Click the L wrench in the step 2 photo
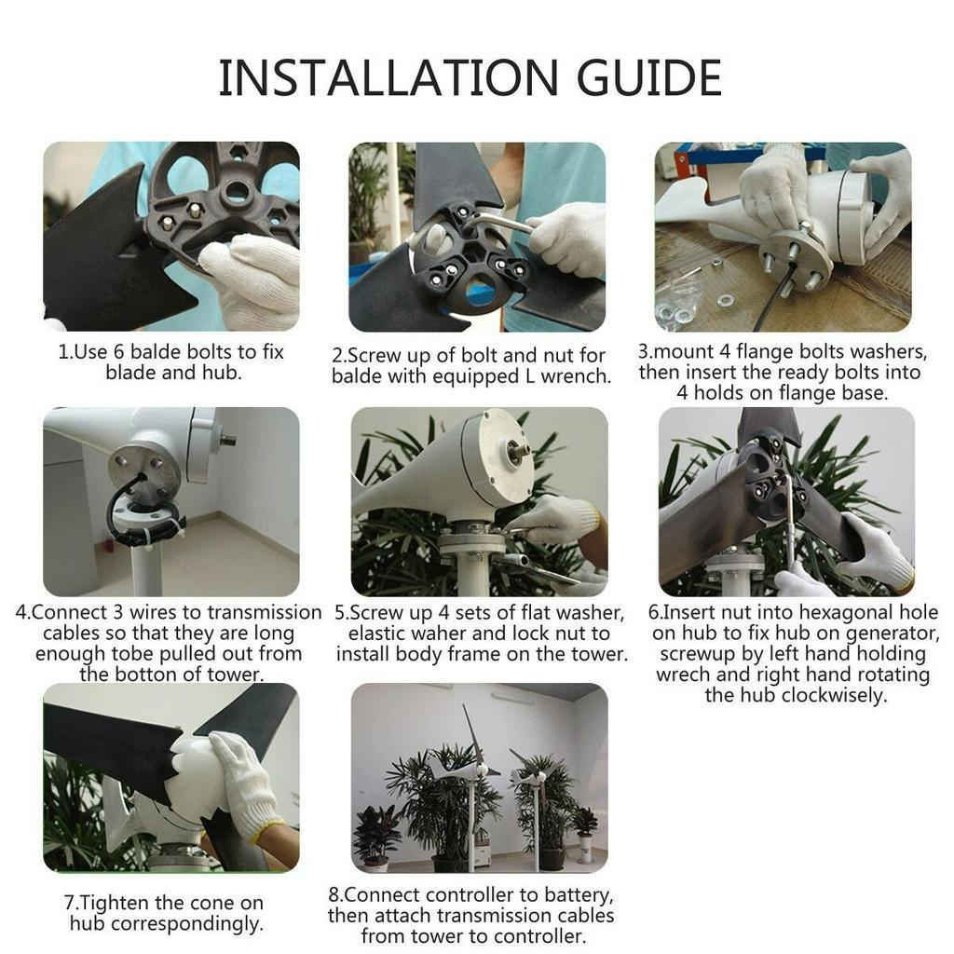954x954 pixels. point(494,221)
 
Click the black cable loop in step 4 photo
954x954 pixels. point(126,503)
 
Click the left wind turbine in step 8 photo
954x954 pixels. point(469,773)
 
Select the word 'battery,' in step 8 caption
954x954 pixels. point(577,895)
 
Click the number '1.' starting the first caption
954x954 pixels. point(65,352)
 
